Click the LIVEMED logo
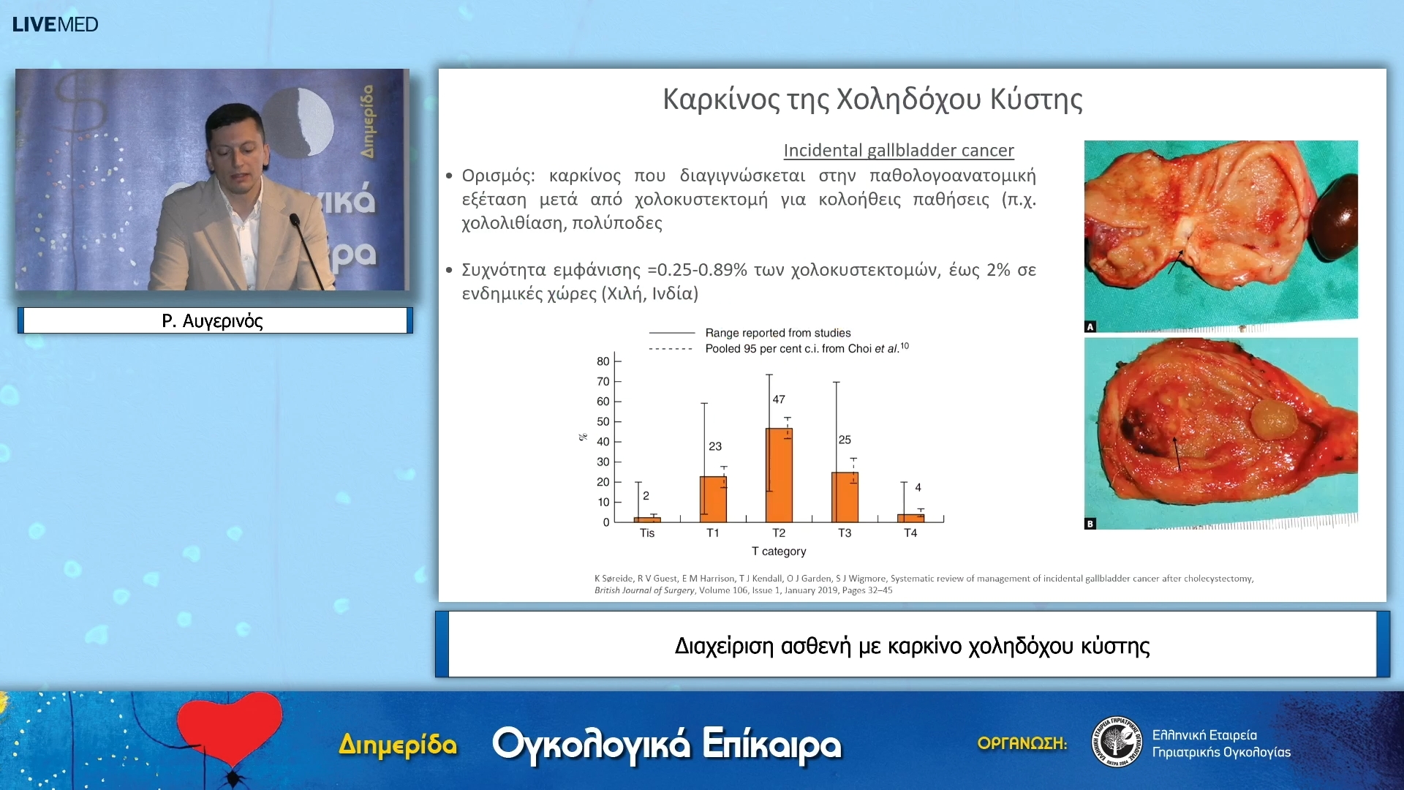click(55, 24)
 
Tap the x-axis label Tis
click(647, 533)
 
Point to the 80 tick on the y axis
click(603, 361)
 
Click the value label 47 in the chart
click(779, 399)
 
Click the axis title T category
click(779, 552)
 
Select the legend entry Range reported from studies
click(777, 333)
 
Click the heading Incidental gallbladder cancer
click(899, 151)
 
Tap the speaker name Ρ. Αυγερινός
click(213, 321)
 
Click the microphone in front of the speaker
click(295, 219)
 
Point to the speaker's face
click(235, 149)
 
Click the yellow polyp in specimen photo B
click(1273, 419)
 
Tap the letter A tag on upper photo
click(1090, 327)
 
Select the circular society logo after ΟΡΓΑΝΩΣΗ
click(1117, 742)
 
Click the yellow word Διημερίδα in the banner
click(398, 745)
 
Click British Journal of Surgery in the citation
click(644, 590)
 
